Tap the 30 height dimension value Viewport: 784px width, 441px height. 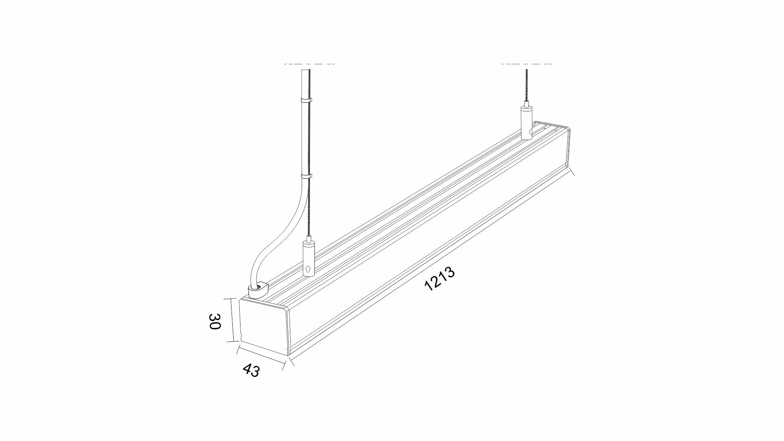[x=215, y=321]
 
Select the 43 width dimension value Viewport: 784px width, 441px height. [x=251, y=370]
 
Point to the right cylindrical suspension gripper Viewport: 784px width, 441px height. [x=527, y=123]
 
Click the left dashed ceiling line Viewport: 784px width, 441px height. [x=310, y=64]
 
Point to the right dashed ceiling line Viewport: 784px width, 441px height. [x=527, y=64]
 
